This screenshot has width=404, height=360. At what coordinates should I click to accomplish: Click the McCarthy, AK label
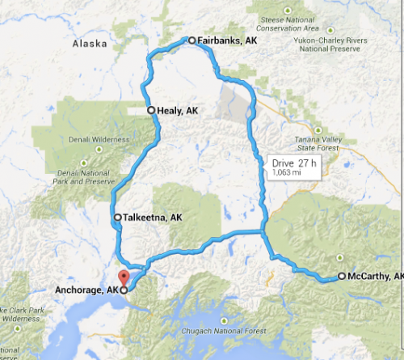pyautogui.click(x=375, y=276)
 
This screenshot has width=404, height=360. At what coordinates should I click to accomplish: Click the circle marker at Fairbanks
pyautogui.click(x=191, y=40)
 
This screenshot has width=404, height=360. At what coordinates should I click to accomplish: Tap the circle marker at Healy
pyautogui.click(x=150, y=110)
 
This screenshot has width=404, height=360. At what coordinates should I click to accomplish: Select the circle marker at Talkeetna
pyautogui.click(x=118, y=218)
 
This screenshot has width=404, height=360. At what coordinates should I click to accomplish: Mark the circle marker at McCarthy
pyautogui.click(x=341, y=276)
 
